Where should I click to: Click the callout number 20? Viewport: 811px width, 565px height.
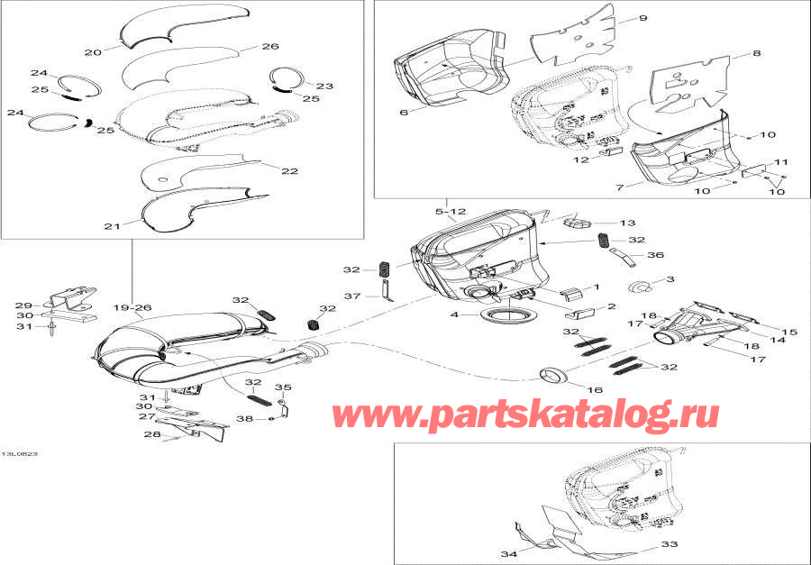tap(92, 52)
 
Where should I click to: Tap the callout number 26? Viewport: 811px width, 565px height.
tap(270, 47)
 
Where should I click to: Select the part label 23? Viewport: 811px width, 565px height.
tap(324, 87)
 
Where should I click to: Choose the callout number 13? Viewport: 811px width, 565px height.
tap(627, 223)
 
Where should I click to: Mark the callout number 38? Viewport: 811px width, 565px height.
tap(246, 419)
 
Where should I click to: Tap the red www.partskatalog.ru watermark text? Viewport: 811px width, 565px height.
tap(526, 415)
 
